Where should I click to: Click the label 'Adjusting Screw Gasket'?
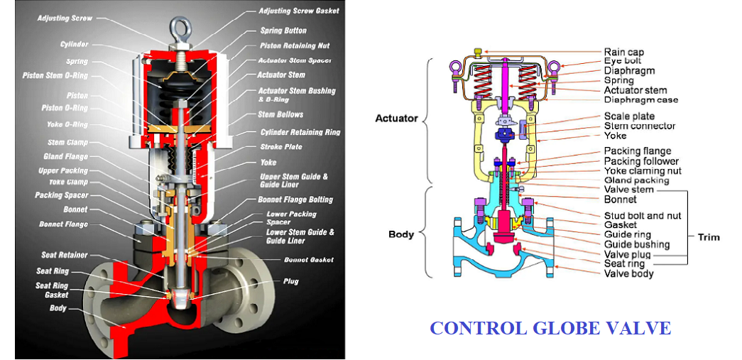pyautogui.click(x=298, y=11)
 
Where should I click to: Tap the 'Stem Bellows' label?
pyautogui.click(x=280, y=114)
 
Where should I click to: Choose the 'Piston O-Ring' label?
pyautogui.click(x=65, y=109)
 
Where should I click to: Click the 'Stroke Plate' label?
pyautogui.click(x=281, y=147)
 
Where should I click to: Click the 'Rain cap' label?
pyautogui.click(x=624, y=52)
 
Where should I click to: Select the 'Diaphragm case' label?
pyautogui.click(x=640, y=100)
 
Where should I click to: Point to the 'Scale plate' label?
pyautogui.click(x=629, y=116)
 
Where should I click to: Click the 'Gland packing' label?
pyautogui.click(x=636, y=180)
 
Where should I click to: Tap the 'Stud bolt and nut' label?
pyautogui.click(x=643, y=215)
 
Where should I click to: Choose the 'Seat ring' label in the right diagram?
pyautogui.click(x=626, y=263)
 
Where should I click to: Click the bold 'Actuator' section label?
pyautogui.click(x=396, y=118)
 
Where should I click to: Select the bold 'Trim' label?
pyautogui.click(x=708, y=236)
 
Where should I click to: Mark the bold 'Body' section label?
pyautogui.click(x=401, y=234)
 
